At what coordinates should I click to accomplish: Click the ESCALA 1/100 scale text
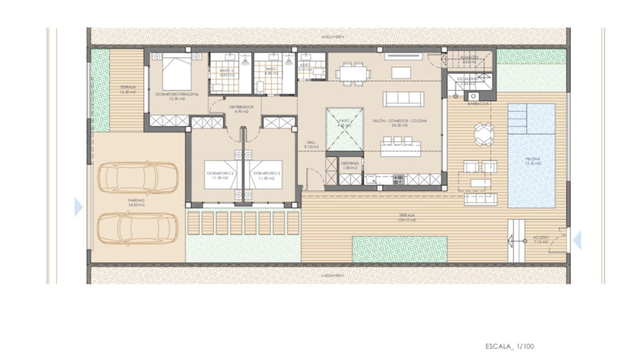509,346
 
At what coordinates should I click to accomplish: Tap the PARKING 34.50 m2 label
136,202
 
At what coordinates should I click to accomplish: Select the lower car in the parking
138,228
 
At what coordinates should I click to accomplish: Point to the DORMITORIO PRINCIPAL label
177,96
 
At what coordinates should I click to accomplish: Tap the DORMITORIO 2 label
220,175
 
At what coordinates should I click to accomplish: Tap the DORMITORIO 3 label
266,175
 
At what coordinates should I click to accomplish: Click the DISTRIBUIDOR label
241,109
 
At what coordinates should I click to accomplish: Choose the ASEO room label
305,67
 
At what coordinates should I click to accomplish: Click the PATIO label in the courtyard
344,123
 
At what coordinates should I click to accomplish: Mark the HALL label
311,144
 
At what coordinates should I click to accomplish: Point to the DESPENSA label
350,165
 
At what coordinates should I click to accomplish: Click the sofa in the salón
403,99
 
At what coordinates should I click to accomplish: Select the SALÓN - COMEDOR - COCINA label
399,123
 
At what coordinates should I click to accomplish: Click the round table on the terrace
484,135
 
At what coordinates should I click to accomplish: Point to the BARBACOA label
478,104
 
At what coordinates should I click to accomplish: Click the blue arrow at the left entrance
78,207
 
